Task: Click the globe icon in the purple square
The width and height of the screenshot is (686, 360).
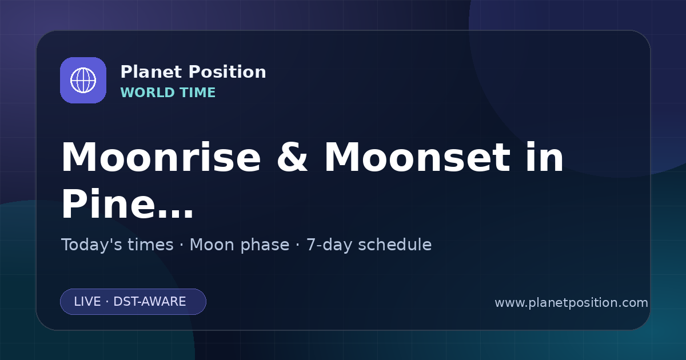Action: pos(83,80)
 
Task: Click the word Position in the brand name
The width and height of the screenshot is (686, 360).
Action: pos(228,72)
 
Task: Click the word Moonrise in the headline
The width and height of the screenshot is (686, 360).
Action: pos(161,157)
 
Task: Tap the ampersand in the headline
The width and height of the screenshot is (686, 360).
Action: pos(292,157)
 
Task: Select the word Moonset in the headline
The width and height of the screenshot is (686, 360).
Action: pos(417,157)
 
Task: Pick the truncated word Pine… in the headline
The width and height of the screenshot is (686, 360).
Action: pos(127,203)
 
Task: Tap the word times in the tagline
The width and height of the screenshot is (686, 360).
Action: pos(150,245)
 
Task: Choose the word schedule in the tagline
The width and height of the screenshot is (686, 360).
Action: pos(395,245)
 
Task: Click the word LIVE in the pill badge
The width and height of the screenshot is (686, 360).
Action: pos(87,302)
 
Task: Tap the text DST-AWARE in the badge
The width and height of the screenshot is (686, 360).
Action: pos(149,302)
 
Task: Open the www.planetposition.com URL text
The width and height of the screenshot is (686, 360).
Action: pos(572,303)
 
